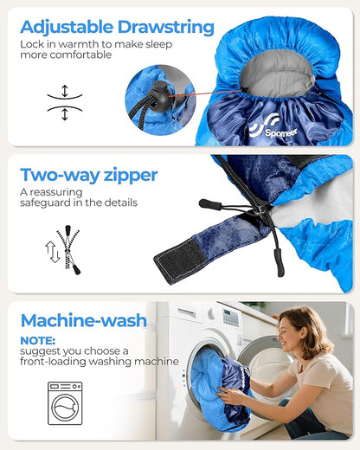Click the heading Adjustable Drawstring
coord(117,29)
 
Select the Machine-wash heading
coord(84,320)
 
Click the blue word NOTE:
coord(37,341)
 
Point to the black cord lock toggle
coord(161,97)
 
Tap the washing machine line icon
coord(65,403)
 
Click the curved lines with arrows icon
coord(65,102)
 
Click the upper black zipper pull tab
coord(210,204)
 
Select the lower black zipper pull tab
coord(279,262)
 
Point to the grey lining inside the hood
coord(278,74)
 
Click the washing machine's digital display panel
coord(231,318)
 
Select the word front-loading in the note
coord(53,362)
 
